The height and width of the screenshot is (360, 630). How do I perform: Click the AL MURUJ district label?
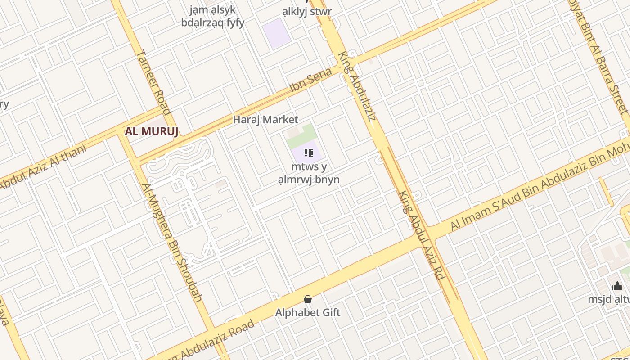click(x=152, y=131)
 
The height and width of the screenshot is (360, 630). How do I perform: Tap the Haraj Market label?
click(x=265, y=120)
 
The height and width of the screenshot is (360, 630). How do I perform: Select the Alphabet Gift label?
click(x=308, y=312)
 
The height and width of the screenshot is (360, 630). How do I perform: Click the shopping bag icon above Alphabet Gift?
click(x=308, y=299)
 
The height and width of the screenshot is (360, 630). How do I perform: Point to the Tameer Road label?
click(x=154, y=82)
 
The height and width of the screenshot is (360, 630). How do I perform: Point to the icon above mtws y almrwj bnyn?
click(x=308, y=153)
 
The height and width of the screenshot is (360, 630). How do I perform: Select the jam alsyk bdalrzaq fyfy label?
click(x=212, y=16)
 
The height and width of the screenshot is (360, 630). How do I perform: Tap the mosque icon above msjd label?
click(x=617, y=286)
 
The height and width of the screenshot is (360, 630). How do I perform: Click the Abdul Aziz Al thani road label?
click(x=43, y=166)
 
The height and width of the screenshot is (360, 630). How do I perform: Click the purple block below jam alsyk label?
click(x=277, y=34)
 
